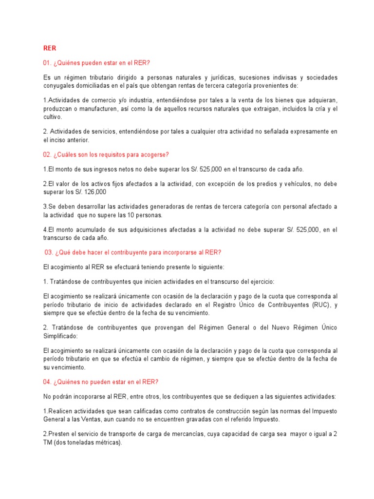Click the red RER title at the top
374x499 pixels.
click(x=50, y=48)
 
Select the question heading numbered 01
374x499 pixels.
click(x=97, y=63)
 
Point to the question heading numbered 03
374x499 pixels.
click(x=132, y=252)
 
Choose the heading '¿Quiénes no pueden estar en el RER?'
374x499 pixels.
click(x=101, y=382)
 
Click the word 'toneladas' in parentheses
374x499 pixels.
click(x=85, y=442)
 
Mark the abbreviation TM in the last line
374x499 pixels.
click(x=48, y=442)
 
